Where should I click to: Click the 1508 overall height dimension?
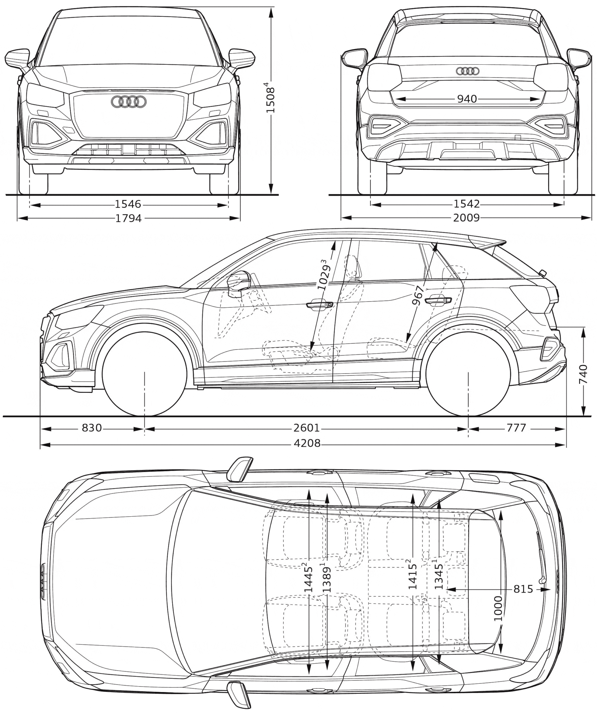click(271, 97)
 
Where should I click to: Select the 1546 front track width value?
click(128, 204)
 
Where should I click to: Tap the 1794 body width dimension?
click(128, 218)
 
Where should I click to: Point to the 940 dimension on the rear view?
click(467, 99)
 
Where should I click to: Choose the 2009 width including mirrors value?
click(467, 218)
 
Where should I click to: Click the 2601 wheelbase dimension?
click(306, 428)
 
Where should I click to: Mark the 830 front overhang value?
click(92, 428)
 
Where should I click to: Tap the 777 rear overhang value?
click(516, 428)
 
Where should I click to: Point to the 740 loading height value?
click(583, 374)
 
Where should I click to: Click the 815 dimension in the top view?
click(523, 589)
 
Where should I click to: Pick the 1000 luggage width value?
click(499, 609)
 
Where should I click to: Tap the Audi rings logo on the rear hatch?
click(467, 71)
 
